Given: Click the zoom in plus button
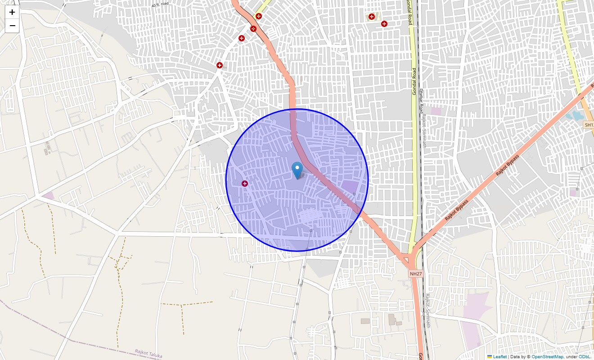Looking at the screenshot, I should (12, 12).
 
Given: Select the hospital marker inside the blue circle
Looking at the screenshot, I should (244, 184).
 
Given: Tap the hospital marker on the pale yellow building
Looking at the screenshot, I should (372, 17).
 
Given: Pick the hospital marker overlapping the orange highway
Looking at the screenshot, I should (253, 29).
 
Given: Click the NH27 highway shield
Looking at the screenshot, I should (416, 274).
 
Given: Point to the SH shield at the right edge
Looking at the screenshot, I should (589, 125).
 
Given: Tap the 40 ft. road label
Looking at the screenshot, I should (160, 4).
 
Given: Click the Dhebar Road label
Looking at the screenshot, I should (422, 101).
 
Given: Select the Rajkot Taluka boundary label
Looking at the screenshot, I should (148, 354).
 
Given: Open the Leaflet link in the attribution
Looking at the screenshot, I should (499, 357).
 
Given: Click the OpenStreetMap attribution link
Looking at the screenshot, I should (547, 357).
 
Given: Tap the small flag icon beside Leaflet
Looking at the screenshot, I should (490, 357).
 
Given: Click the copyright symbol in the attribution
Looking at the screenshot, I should (529, 357).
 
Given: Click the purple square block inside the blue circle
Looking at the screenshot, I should (349, 187).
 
